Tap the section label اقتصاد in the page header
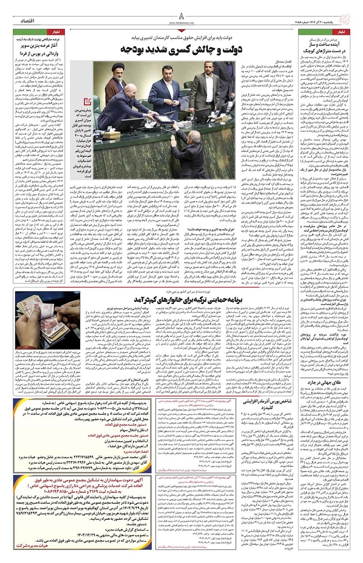(x=30, y=21)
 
